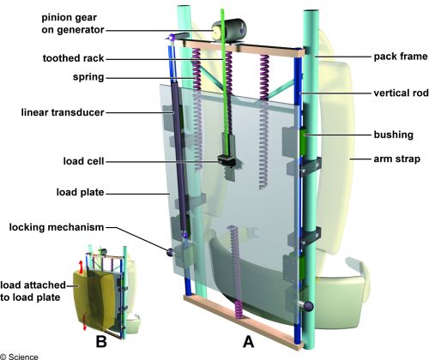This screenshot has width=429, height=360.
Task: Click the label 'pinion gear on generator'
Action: point(73,23)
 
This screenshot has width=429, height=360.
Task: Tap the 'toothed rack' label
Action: point(73,58)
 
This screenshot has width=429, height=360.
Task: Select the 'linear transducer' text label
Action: point(63,112)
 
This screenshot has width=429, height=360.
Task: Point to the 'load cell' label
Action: point(83,161)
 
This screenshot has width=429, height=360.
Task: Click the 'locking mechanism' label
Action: point(57,227)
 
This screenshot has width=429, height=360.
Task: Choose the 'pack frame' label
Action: point(401,57)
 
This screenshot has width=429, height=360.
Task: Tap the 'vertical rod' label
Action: point(402,93)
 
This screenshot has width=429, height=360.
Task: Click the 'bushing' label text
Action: point(394,135)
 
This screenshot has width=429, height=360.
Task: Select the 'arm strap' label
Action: point(397,159)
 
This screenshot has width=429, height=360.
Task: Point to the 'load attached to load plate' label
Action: point(33,291)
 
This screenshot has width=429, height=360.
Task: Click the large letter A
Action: point(248,341)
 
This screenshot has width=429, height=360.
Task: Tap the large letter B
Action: point(101,341)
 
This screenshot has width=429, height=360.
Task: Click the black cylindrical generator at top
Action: point(233,31)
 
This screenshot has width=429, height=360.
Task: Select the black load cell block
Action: point(227,160)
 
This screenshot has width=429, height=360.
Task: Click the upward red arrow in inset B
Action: point(81,267)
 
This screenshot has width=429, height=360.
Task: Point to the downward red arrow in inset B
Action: point(85,323)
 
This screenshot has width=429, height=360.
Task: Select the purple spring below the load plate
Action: point(236,272)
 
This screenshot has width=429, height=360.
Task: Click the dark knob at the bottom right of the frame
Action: point(307,306)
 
